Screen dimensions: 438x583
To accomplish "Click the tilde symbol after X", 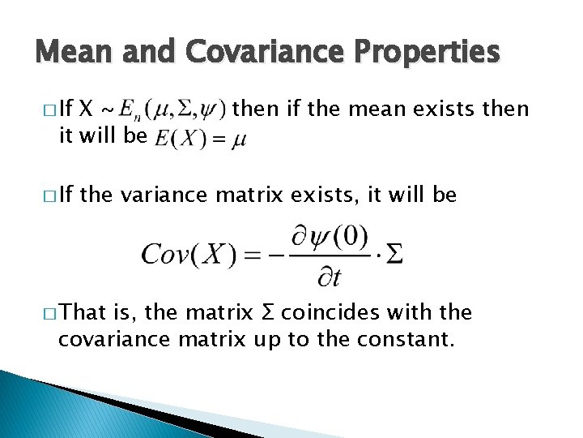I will (106, 109).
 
